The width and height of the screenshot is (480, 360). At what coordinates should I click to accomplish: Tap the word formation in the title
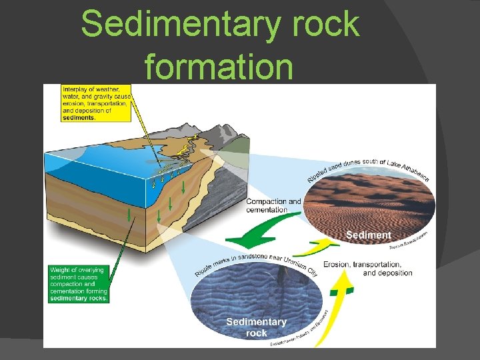point(219,66)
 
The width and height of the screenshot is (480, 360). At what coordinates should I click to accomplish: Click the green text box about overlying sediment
point(79,284)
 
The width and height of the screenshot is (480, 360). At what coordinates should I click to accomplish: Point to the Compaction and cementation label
point(273,205)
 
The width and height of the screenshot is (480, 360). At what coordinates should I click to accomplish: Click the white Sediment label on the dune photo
point(368,235)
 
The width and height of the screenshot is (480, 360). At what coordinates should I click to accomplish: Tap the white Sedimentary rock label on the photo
point(256,327)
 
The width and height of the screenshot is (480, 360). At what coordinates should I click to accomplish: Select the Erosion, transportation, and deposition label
point(367,268)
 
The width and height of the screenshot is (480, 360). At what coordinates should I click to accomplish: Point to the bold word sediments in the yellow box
point(79,117)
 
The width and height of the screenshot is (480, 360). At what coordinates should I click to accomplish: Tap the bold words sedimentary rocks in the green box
point(79,298)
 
